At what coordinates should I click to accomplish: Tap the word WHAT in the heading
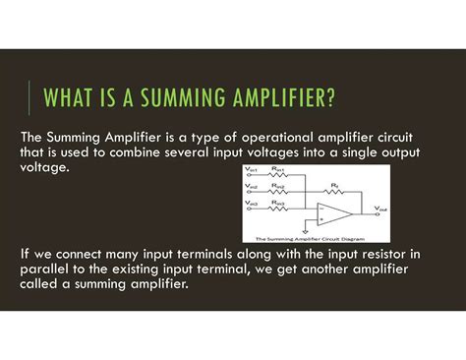[x=73, y=100]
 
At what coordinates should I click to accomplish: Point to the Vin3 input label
[x=253, y=202]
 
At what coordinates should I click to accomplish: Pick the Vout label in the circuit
[x=380, y=210]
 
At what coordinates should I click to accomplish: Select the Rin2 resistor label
[x=278, y=187]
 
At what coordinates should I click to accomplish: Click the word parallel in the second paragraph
[x=48, y=270]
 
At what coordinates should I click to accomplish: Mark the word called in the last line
[x=41, y=285]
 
